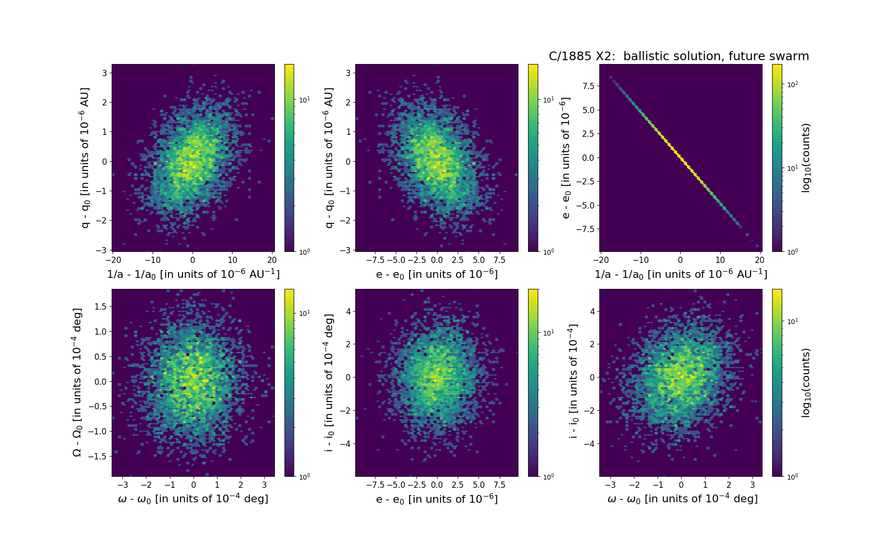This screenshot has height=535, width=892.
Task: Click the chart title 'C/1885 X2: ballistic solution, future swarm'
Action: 679,56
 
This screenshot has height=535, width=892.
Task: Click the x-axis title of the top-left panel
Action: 193,274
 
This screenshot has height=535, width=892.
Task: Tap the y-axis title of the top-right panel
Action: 566,158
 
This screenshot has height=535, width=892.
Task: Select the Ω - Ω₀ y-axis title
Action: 78,382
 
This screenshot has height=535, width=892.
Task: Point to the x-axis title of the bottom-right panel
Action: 682,499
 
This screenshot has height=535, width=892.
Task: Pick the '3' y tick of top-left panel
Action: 104,73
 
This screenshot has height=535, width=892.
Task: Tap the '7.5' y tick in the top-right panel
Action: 588,86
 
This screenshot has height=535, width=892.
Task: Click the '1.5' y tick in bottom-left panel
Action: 101,307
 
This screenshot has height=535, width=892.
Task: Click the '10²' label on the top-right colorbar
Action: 792,85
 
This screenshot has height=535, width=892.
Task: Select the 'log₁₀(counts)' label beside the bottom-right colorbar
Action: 806,383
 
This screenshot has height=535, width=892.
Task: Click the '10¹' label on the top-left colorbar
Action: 305,100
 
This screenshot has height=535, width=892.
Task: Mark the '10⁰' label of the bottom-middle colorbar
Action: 548,477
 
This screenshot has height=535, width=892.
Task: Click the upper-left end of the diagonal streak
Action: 610,77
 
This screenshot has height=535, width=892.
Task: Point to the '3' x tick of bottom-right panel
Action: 752,485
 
